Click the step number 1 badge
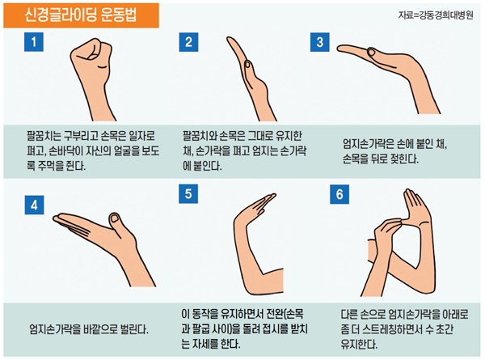click(x=34, y=42)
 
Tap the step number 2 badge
click(x=188, y=42)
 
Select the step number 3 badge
click(x=320, y=42)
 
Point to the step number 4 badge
click(x=34, y=205)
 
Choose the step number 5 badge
click(x=188, y=194)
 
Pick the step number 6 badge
click(x=339, y=194)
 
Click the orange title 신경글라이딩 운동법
click(x=81, y=15)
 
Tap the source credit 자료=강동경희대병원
click(x=436, y=15)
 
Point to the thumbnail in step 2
click(x=247, y=65)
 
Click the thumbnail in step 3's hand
click(x=370, y=53)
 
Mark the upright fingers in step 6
click(x=413, y=201)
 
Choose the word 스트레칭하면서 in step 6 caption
click(x=393, y=329)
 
